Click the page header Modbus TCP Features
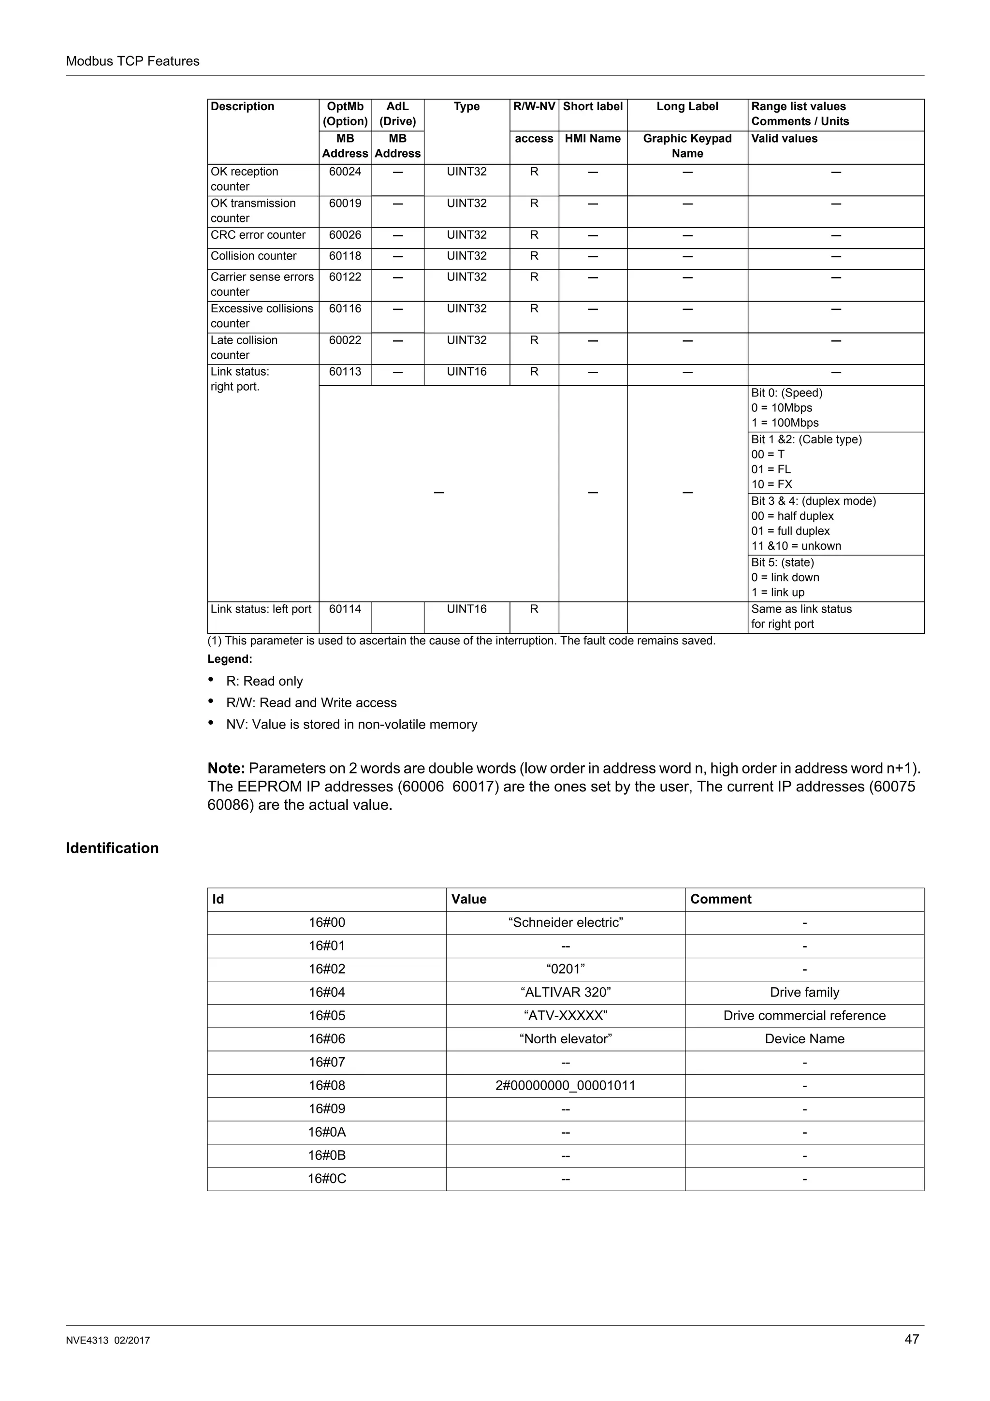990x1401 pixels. pyautogui.click(x=132, y=61)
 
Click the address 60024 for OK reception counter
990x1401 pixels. pyautogui.click(x=345, y=172)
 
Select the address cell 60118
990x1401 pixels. pyautogui.click(x=345, y=256)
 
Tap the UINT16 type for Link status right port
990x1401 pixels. pyautogui.click(x=466, y=372)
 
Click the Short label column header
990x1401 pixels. pyautogui.click(x=592, y=107)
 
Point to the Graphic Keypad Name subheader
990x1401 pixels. pyautogui.click(x=687, y=146)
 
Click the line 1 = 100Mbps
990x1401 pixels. pyautogui.click(x=785, y=423)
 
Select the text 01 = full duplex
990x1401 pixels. pyautogui.click(x=790, y=531)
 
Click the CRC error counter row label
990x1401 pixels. pyautogui.click(x=258, y=235)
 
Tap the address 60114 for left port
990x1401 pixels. pyautogui.click(x=345, y=610)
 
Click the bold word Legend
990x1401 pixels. pyautogui.click(x=229, y=659)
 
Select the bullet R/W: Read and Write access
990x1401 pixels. pyautogui.click(x=311, y=703)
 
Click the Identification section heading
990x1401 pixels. pyautogui.click(x=112, y=848)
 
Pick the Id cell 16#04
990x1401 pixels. pyautogui.click(x=326, y=993)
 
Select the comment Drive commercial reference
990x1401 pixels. pyautogui.click(x=804, y=1016)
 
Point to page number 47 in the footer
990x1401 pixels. pyautogui.click(x=911, y=1340)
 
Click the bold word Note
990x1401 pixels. pyautogui.click(x=226, y=768)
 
